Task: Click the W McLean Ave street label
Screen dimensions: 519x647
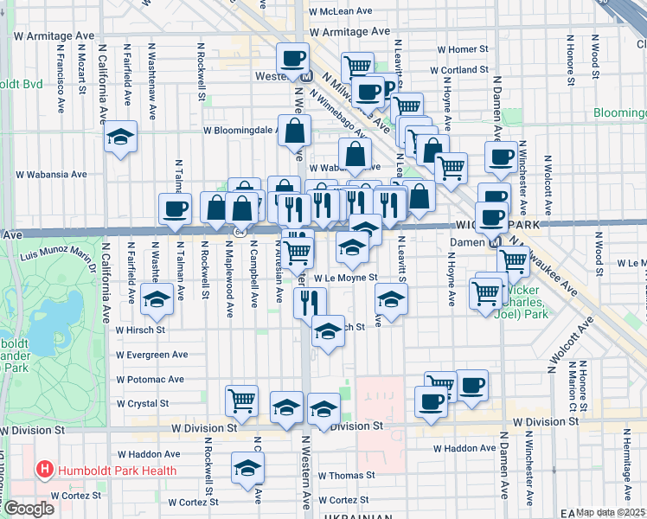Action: click(347, 11)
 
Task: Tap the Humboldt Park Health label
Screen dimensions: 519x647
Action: click(118, 471)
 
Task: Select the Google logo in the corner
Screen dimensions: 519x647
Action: click(29, 509)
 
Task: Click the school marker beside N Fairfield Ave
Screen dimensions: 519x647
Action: click(121, 137)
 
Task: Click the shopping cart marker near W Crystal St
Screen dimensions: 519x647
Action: click(242, 400)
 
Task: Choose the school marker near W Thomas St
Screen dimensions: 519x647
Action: click(248, 469)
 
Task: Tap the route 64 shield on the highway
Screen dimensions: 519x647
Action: click(238, 233)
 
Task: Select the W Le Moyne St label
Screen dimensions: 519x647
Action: click(346, 279)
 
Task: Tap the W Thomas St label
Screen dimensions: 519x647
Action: click(346, 476)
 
